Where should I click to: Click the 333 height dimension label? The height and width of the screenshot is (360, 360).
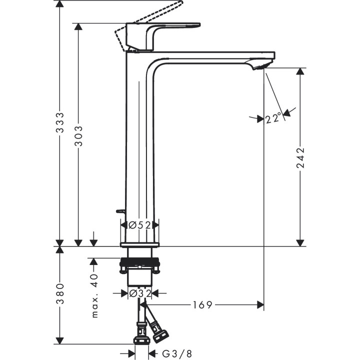pyautogui.click(x=59, y=122)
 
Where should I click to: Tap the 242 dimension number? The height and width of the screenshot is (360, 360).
pyautogui.click(x=300, y=158)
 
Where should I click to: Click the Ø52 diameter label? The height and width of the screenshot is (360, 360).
pyautogui.click(x=140, y=225)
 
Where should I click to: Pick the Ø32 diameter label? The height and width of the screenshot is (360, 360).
pyautogui.click(x=140, y=294)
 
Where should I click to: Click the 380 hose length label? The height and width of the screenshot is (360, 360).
pyautogui.click(x=59, y=294)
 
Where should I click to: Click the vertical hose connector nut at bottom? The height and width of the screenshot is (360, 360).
pyautogui.click(x=141, y=339)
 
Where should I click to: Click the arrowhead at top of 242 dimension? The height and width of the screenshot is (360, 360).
pyautogui.click(x=300, y=71)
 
